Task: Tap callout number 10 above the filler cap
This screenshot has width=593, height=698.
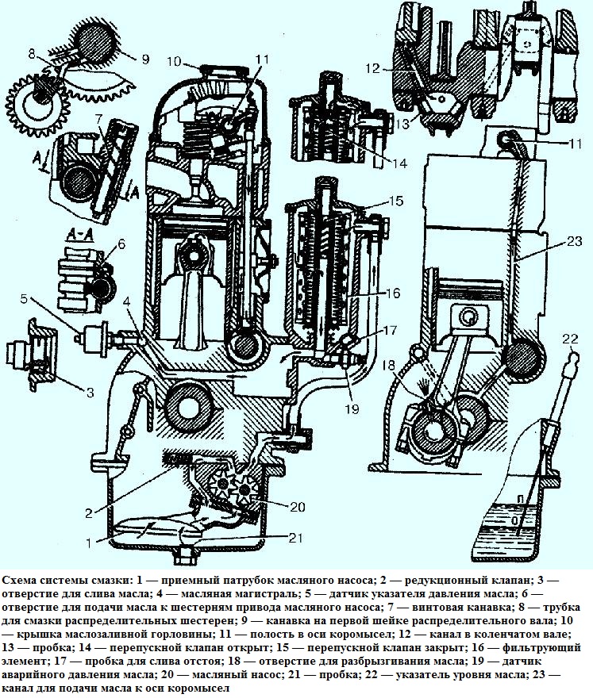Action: [175, 61]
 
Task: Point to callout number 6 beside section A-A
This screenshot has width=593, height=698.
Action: [121, 245]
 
